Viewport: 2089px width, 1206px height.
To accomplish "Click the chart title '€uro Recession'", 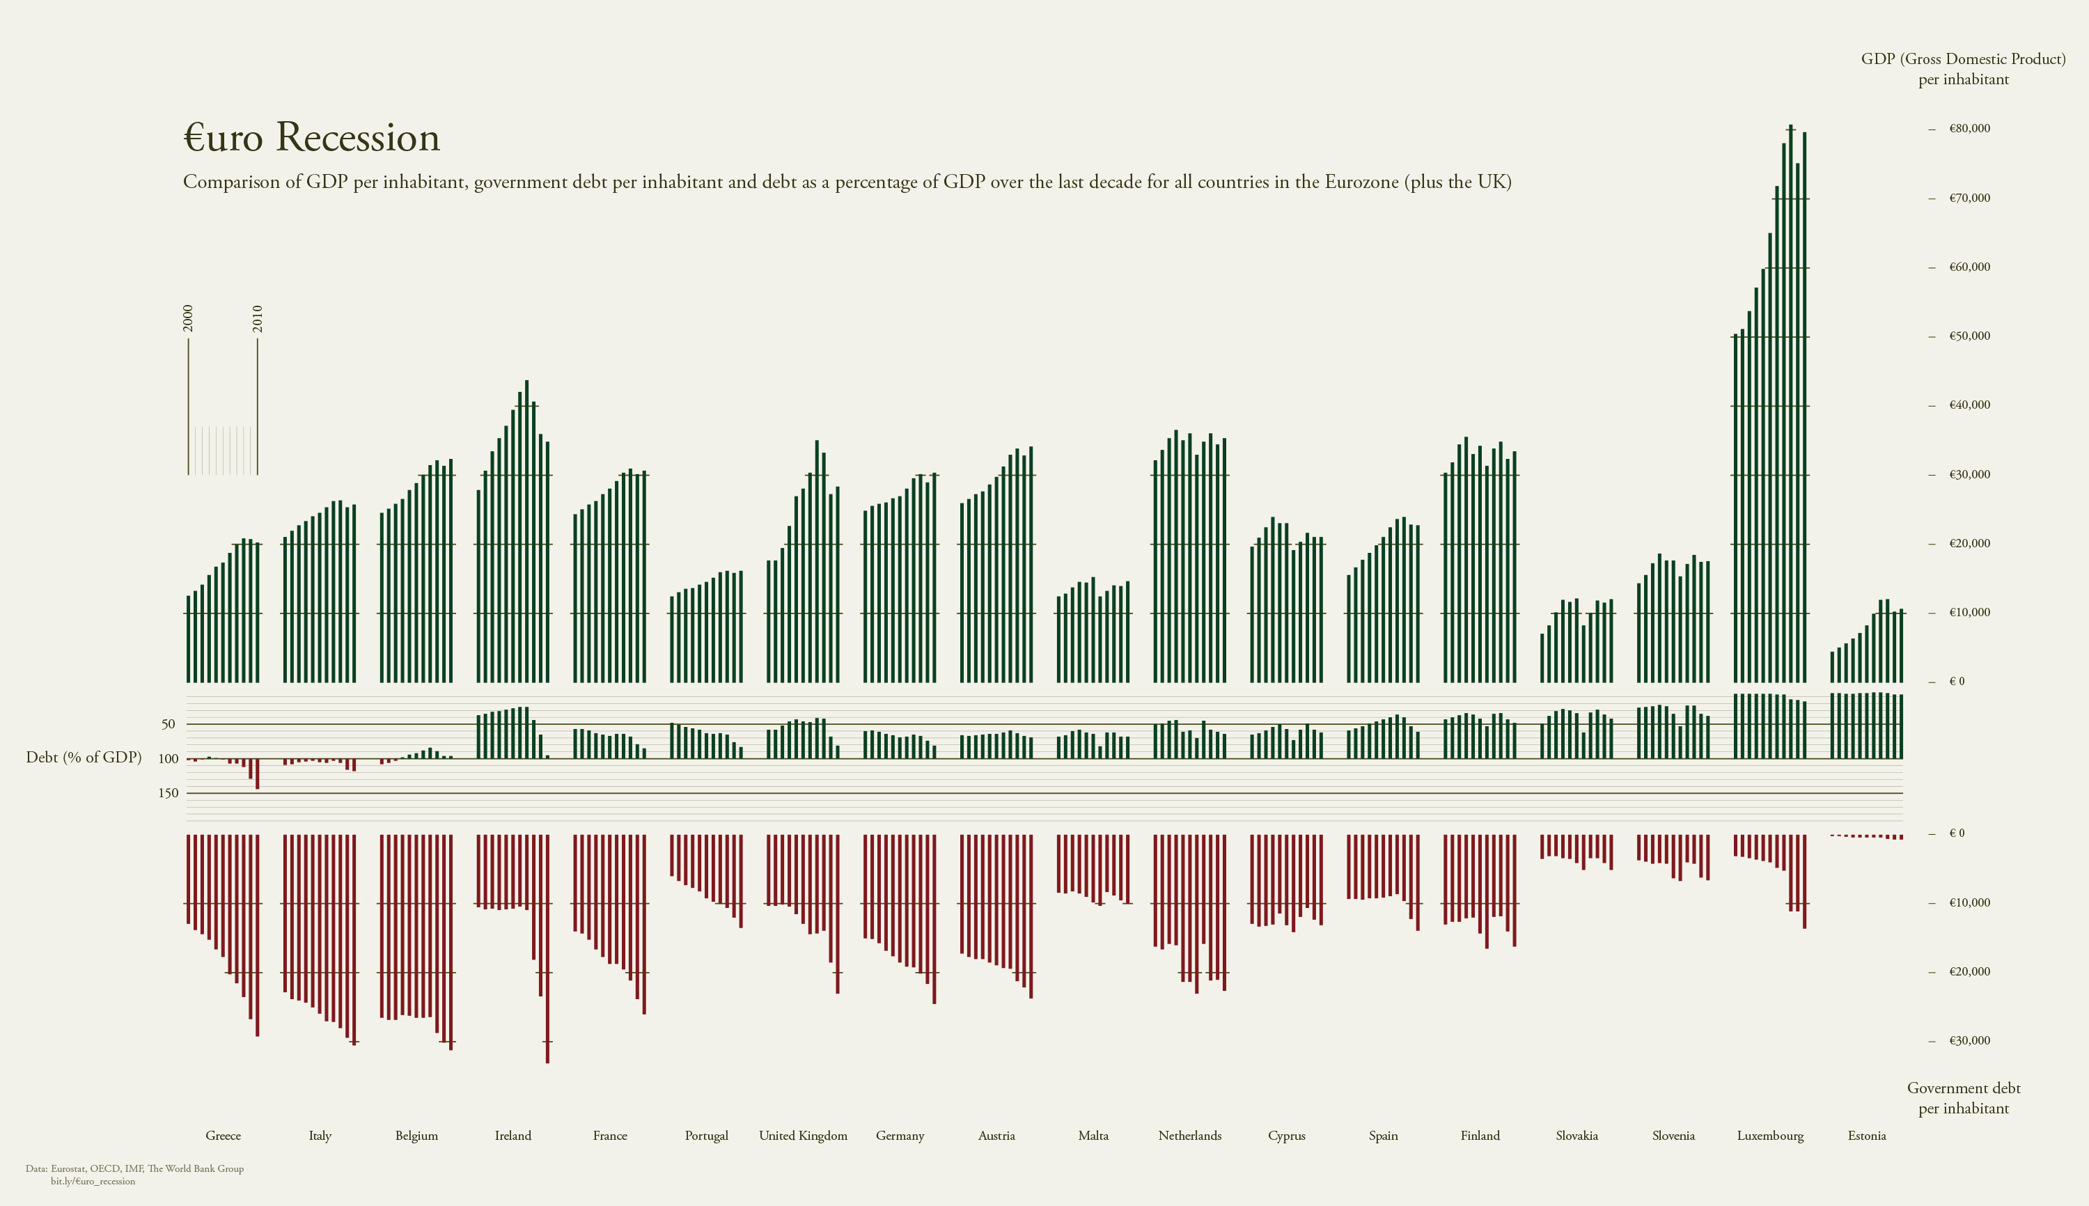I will point(311,137).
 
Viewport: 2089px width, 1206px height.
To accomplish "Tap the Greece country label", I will point(223,1136).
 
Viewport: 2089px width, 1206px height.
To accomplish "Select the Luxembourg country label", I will point(1770,1136).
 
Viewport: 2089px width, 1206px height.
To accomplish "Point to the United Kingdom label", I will point(803,1136).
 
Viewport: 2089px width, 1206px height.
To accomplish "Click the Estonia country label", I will point(1866,1136).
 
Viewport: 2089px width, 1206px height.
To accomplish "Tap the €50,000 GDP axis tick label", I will point(1969,336).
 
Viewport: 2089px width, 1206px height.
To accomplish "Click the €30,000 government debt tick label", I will point(1969,1041).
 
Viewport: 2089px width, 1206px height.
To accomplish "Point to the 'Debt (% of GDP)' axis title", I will point(84,757).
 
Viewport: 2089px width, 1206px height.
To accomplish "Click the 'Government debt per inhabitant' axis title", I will point(1963,1098).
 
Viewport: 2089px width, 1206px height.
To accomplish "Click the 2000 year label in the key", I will point(188,319).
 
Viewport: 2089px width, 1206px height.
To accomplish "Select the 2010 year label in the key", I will point(258,319).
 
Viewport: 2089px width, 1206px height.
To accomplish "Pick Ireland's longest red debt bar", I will point(547,953).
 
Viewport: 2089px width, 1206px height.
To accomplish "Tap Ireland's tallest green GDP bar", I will point(527,530).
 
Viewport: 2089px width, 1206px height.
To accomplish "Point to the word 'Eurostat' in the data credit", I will point(70,1168).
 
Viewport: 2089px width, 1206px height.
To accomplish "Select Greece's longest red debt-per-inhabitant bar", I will point(258,936).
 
